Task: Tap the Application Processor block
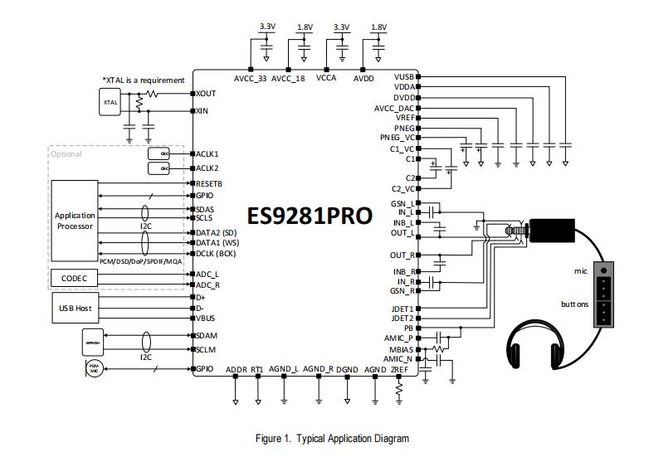point(76,221)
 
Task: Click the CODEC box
point(76,277)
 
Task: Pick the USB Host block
point(76,308)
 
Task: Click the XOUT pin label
point(206,94)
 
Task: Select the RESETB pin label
point(208,183)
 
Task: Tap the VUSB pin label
point(404,76)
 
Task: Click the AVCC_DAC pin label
point(394,108)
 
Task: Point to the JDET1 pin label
point(403,309)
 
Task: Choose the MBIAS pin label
point(402,349)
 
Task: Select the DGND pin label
point(348,369)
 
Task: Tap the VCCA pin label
point(326,79)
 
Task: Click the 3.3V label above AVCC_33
point(266,27)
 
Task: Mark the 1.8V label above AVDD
point(378,27)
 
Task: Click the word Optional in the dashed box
point(66,153)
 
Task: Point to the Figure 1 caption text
point(331,438)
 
